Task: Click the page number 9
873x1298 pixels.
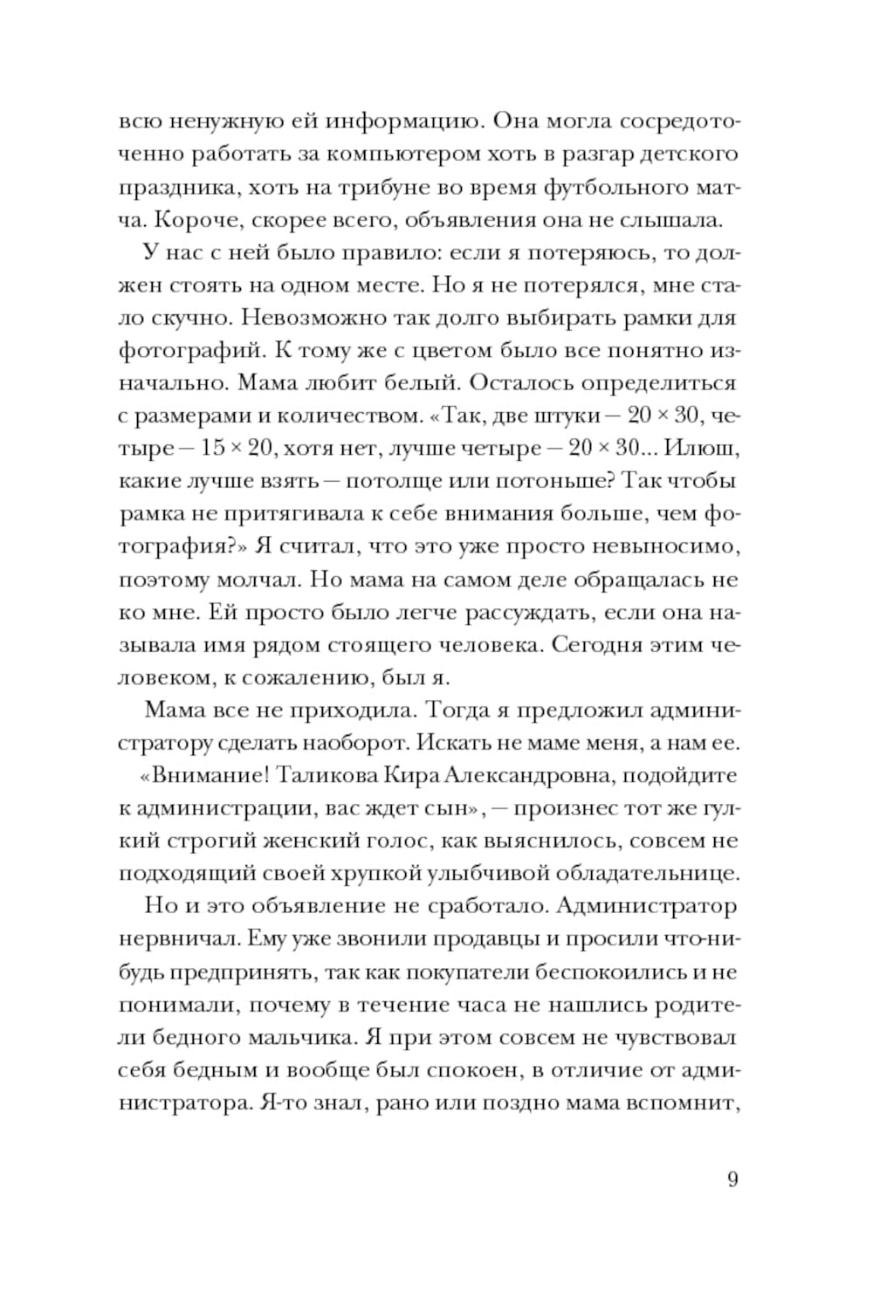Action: point(732,1179)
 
